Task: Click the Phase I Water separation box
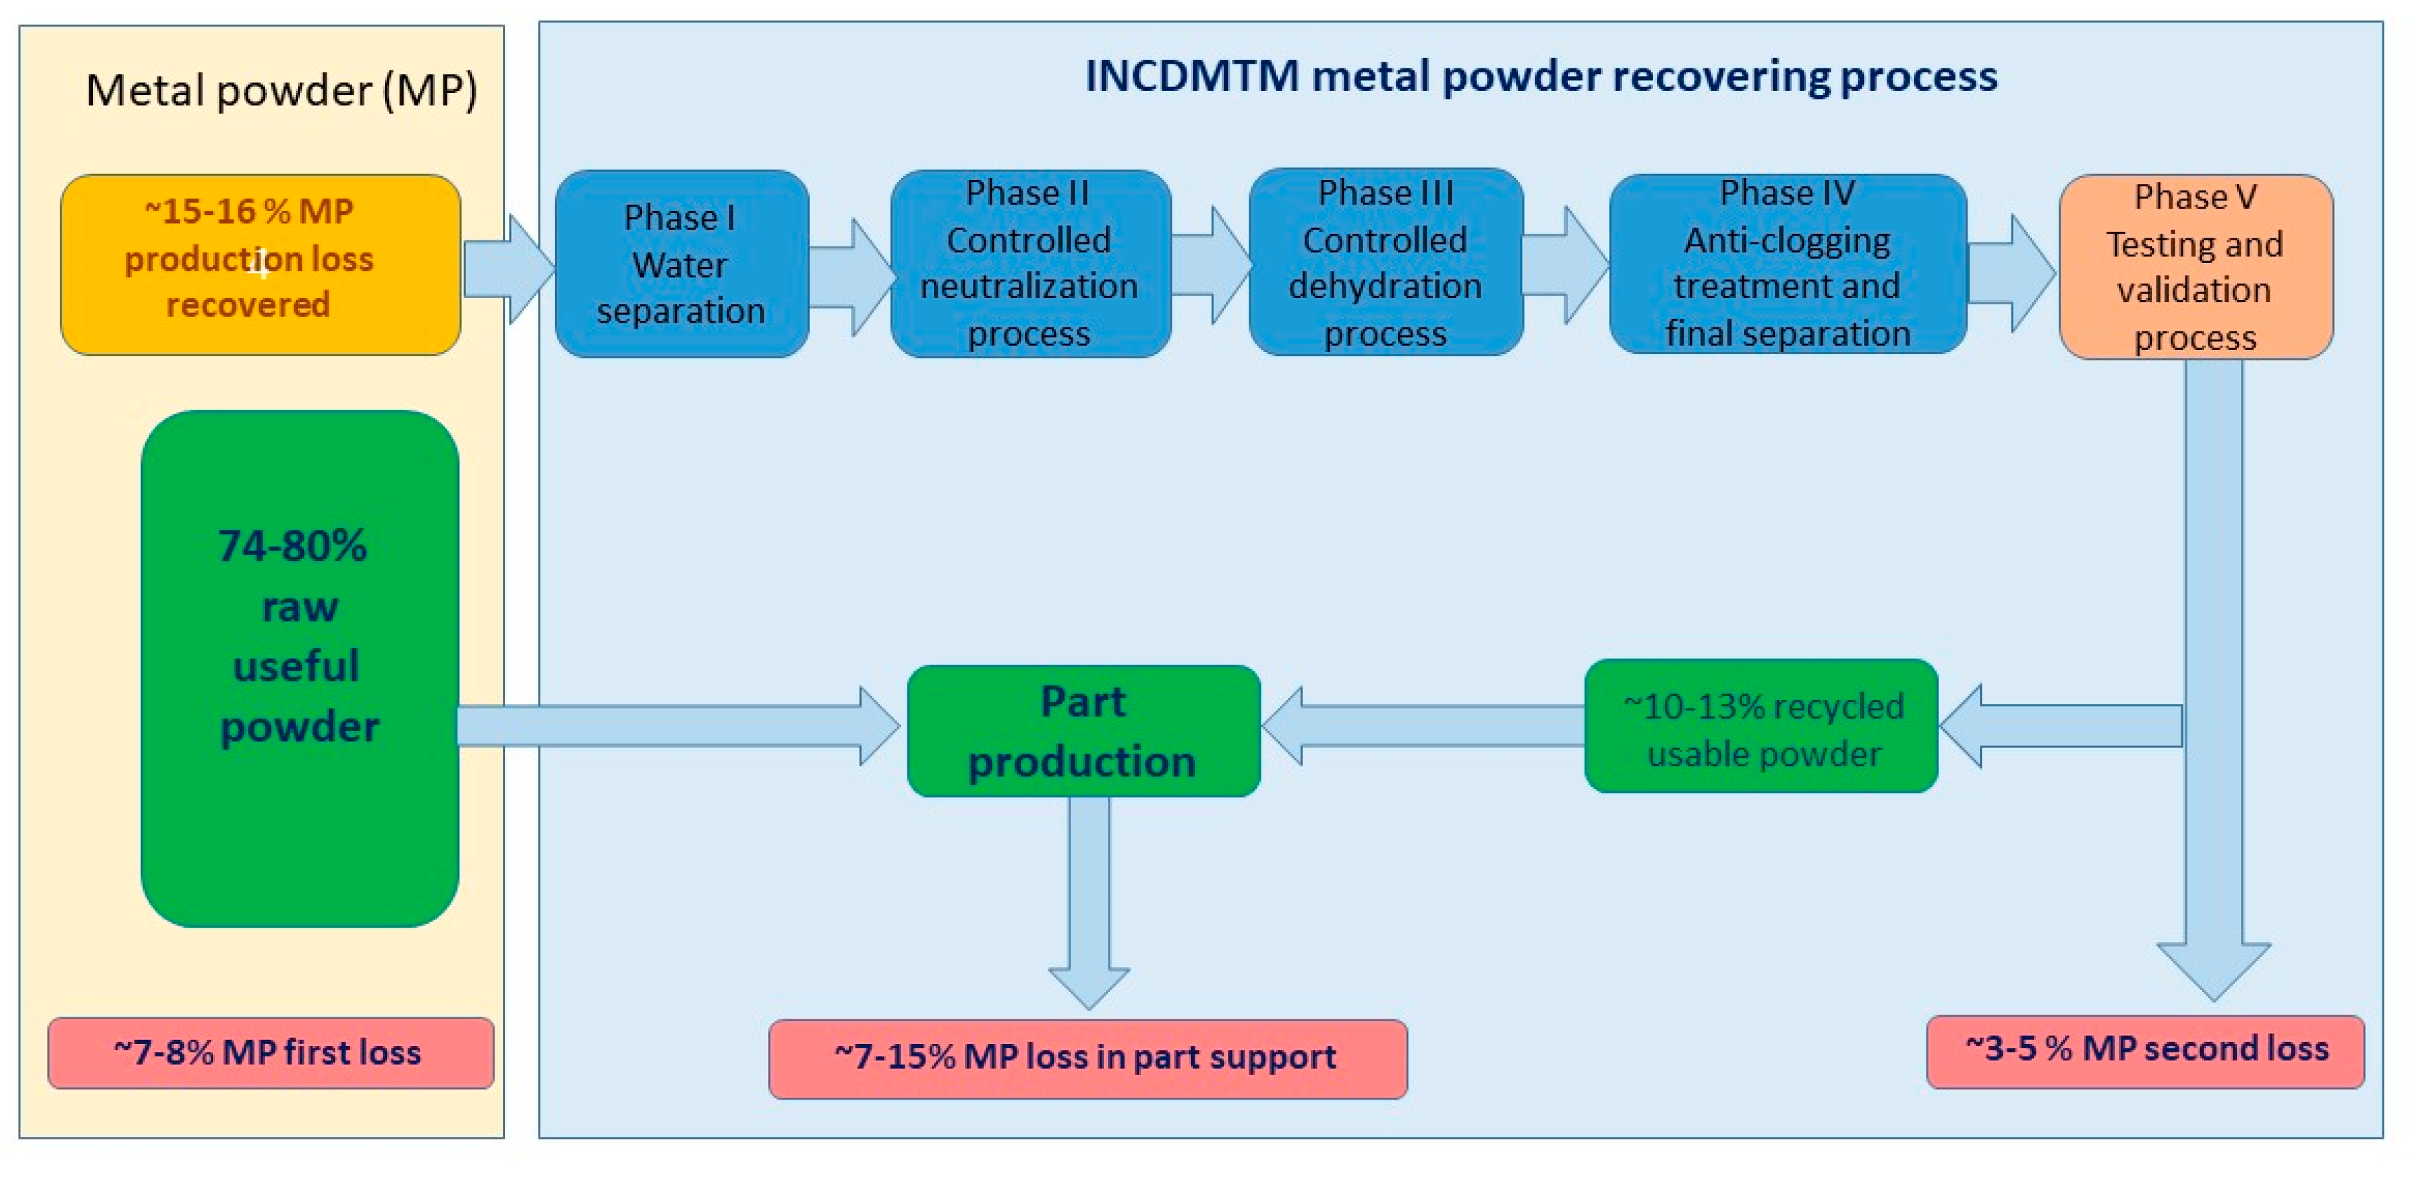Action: pyautogui.click(x=682, y=264)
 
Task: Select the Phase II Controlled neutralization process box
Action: pyautogui.click(x=1030, y=264)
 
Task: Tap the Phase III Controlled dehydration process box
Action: pyautogui.click(x=1385, y=263)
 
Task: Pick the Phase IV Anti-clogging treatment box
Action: pyautogui.click(x=1787, y=264)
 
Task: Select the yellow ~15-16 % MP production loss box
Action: pyautogui.click(x=260, y=264)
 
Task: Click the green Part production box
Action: pyautogui.click(x=1083, y=730)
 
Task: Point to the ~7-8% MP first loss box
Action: pyautogui.click(x=270, y=1053)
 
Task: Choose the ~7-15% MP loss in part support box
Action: pyautogui.click(x=1087, y=1058)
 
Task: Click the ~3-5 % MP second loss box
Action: pyautogui.click(x=2145, y=1051)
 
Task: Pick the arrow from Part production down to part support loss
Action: pyautogui.click(x=1089, y=900)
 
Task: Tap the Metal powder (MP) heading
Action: pyautogui.click(x=281, y=91)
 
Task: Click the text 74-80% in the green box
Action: pyautogui.click(x=293, y=546)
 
